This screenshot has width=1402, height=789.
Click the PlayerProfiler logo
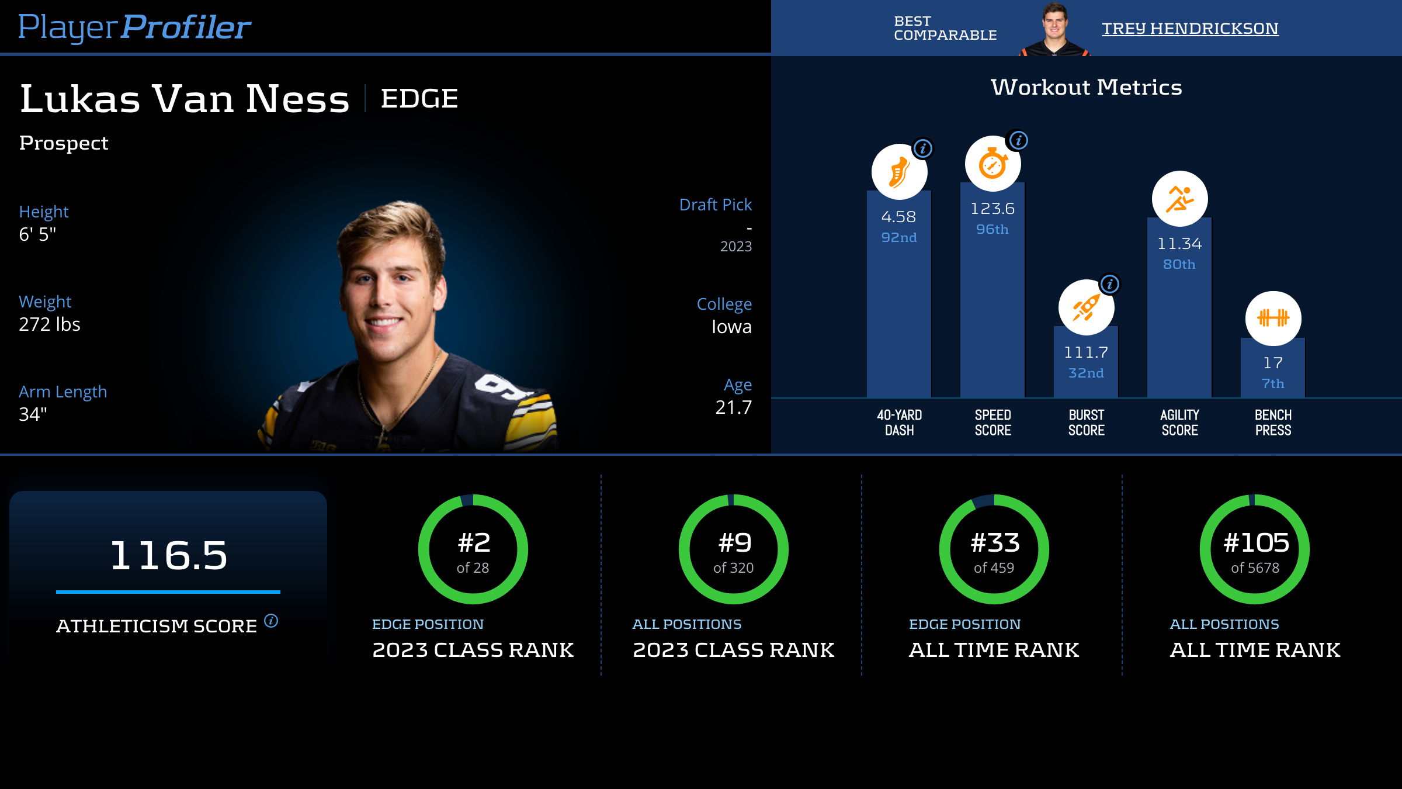(x=134, y=27)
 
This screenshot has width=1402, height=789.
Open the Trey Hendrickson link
(x=1190, y=28)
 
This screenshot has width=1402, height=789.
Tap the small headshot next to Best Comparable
(x=1055, y=29)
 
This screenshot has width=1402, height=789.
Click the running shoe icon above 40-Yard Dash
(x=899, y=172)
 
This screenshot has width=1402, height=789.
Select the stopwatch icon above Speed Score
(x=992, y=164)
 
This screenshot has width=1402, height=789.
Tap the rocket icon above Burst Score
(x=1086, y=307)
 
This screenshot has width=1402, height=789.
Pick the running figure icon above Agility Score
(x=1179, y=199)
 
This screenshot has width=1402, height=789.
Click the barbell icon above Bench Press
(x=1273, y=319)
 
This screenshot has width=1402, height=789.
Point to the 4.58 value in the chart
(x=898, y=217)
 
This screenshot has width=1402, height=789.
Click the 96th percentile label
(x=992, y=229)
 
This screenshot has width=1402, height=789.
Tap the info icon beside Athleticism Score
(x=271, y=620)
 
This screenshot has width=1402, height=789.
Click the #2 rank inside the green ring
(x=474, y=543)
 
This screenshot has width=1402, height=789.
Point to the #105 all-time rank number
(x=1256, y=543)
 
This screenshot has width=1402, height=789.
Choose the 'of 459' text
(x=994, y=568)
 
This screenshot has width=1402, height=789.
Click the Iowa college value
(x=731, y=327)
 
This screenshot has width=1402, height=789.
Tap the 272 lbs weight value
(x=50, y=324)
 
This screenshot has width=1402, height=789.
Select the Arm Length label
(x=63, y=392)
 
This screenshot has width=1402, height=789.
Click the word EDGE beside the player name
(x=419, y=98)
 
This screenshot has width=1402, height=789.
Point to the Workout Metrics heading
(x=1086, y=87)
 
